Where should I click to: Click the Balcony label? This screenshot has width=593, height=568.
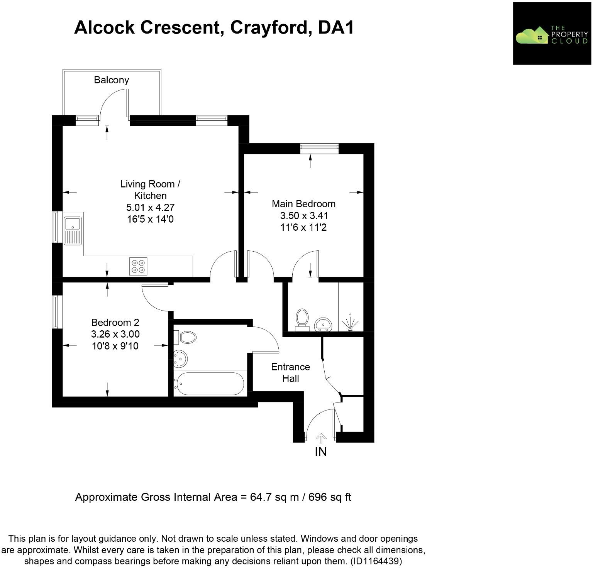[x=111, y=80]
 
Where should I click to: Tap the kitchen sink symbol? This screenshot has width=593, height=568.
[x=73, y=230]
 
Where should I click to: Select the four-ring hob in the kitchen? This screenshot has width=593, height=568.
[x=138, y=266]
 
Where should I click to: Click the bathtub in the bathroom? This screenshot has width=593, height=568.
[x=209, y=384]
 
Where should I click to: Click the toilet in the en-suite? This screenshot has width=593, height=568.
[x=302, y=320]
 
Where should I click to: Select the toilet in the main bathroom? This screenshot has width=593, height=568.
[x=186, y=337]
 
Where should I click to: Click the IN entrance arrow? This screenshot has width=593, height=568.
[x=320, y=438]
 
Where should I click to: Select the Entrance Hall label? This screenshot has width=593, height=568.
[x=290, y=372]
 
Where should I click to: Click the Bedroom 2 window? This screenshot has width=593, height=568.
[x=57, y=312]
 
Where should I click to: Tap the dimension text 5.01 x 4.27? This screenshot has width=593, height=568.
[x=150, y=208]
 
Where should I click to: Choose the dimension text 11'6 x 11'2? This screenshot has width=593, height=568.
[x=303, y=228]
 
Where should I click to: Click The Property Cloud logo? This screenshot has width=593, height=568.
[x=552, y=34]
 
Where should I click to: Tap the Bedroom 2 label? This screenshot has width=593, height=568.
[x=115, y=322]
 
